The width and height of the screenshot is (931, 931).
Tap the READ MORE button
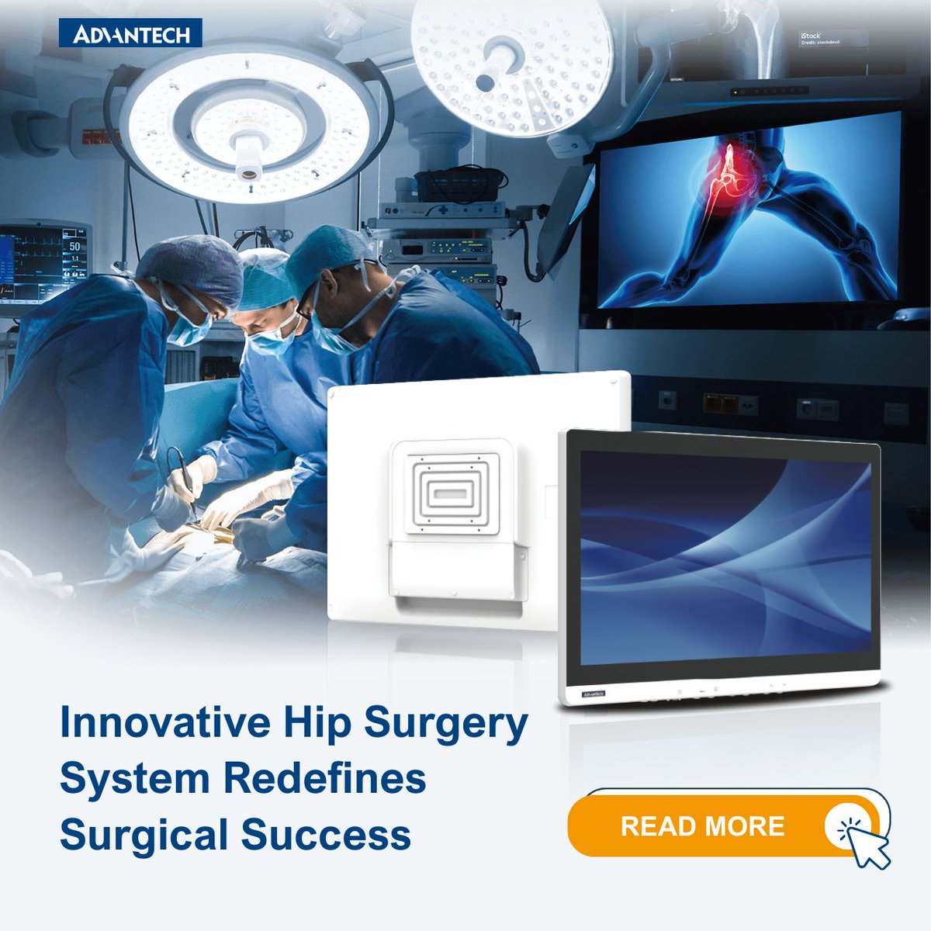coord(702,825)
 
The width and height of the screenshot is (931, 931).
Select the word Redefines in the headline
coord(325,778)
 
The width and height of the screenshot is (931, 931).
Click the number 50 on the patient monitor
coord(74,246)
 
